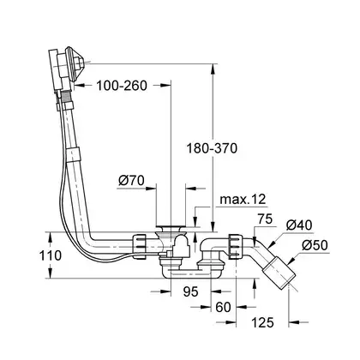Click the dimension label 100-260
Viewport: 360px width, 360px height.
point(122,86)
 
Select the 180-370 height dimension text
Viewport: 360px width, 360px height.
point(212,148)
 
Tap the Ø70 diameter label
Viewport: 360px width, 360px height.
point(131,181)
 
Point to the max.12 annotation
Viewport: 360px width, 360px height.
point(243,199)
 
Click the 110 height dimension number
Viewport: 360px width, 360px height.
point(51,255)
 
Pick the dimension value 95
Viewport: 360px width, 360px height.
point(190,291)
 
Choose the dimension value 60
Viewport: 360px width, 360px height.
point(223,307)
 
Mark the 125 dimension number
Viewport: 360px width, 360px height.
point(262,322)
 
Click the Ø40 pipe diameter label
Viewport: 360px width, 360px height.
point(299,225)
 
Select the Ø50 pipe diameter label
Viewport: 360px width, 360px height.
point(315,245)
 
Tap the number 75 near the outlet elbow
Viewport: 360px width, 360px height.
point(265,219)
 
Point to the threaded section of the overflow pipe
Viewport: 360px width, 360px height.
point(67,98)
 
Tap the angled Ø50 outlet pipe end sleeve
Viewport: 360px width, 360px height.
point(279,273)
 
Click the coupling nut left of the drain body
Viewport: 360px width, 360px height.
point(139,246)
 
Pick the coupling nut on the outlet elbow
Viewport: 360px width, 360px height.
point(236,246)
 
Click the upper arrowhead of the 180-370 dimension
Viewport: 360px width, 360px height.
point(212,69)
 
